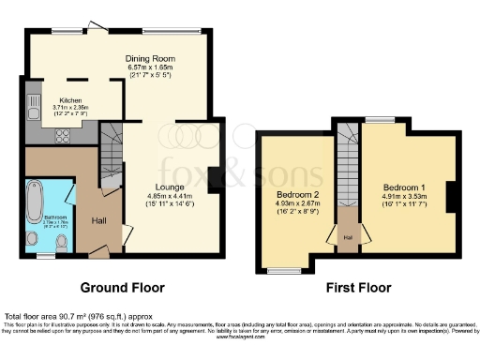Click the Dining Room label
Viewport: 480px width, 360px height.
point(145,58)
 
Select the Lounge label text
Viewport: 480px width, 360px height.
point(156,187)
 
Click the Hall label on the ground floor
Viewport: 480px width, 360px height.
point(98,220)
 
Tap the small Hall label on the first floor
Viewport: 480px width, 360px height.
point(347,237)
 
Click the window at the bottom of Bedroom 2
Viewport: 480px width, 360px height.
point(280,271)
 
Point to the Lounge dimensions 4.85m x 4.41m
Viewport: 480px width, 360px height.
point(156,196)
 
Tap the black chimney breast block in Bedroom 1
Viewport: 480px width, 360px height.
point(451,197)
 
